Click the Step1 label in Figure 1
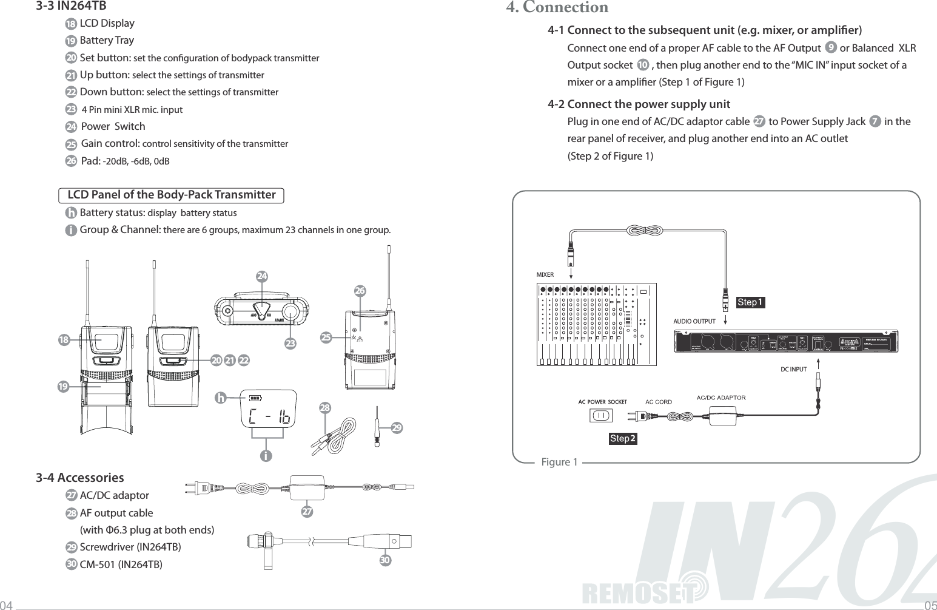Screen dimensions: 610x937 (750, 302)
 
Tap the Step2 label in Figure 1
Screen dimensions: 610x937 (623, 438)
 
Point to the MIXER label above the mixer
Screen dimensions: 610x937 (545, 275)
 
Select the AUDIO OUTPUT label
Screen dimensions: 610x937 (694, 321)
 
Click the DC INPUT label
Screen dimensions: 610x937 (793, 369)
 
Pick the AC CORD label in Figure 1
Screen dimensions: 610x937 (658, 402)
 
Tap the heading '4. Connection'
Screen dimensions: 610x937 (557, 8)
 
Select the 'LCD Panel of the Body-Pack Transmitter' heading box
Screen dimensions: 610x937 (171, 195)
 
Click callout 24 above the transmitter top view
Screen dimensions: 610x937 (262, 276)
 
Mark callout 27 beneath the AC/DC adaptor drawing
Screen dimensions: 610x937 (307, 512)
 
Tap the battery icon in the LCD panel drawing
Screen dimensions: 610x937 (255, 399)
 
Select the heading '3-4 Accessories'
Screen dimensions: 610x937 (79, 478)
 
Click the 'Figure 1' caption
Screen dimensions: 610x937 (559, 463)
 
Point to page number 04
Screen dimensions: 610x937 (6, 605)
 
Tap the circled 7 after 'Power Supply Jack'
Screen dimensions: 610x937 (875, 121)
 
